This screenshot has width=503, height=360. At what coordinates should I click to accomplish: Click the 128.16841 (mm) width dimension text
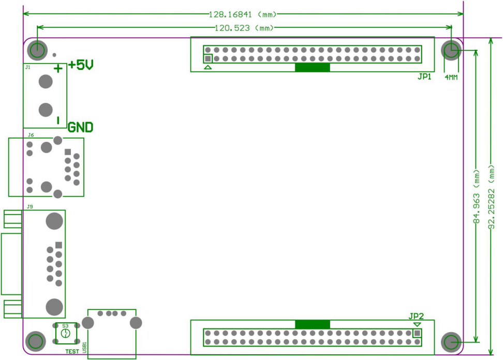point(243,14)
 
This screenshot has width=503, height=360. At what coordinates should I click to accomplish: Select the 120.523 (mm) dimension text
point(244,28)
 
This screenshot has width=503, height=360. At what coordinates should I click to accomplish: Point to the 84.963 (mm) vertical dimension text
point(477,197)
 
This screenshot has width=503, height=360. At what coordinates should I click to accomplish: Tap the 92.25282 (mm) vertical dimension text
point(492,197)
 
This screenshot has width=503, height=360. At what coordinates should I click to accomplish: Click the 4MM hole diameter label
point(451,77)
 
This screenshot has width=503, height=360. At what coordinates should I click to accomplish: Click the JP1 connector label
point(424,77)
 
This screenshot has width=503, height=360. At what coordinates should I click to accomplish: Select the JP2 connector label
point(416,316)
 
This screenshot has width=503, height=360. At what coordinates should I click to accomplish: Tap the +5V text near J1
point(81,65)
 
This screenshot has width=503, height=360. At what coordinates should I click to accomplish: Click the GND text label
point(80,127)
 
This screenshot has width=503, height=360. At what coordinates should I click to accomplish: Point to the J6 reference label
point(31,135)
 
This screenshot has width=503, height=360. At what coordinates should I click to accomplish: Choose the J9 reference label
point(30,207)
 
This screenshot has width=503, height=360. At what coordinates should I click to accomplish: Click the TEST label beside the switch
point(72,352)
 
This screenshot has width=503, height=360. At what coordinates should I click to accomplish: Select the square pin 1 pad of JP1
point(208,58)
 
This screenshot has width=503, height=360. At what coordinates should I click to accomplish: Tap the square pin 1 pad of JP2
point(417,334)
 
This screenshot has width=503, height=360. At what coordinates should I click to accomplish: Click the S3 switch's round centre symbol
point(65,334)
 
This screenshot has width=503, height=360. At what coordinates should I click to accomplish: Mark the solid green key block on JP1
point(313,67)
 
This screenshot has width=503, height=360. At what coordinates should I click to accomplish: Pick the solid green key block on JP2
point(313,324)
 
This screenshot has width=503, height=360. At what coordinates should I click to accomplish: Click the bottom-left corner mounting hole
point(35,341)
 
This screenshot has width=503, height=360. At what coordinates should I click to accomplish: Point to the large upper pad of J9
point(54,221)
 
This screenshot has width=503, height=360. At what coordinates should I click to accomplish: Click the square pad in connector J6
point(68,152)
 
